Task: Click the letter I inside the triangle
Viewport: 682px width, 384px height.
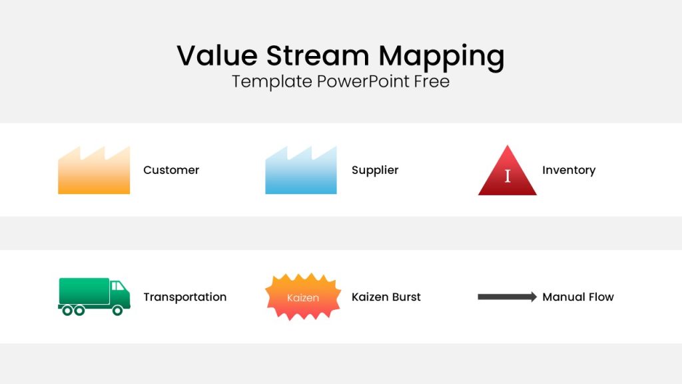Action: [508, 176]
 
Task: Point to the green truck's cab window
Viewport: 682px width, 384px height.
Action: [117, 286]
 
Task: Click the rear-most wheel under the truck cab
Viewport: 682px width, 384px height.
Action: [117, 311]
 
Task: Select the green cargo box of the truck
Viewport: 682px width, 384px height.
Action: [84, 291]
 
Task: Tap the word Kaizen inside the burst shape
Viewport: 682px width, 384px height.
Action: [303, 298]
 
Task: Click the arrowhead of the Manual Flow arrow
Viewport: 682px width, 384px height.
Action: [532, 297]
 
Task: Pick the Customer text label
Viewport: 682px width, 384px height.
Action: [171, 170]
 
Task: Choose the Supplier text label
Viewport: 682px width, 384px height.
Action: [375, 170]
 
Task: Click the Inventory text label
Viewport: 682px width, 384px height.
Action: [569, 170]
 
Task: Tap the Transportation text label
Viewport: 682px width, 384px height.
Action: [185, 297]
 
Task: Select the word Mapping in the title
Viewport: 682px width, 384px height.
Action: [442, 57]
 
